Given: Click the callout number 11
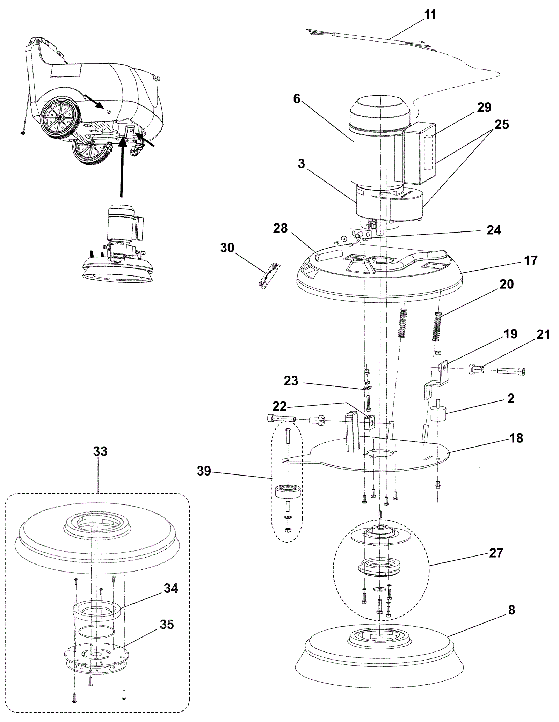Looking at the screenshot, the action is click(430, 15).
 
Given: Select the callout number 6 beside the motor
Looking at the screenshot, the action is click(297, 99).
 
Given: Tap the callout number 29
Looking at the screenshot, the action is click(484, 107).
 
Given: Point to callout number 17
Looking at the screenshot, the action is click(531, 260).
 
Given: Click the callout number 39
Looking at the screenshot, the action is click(204, 471).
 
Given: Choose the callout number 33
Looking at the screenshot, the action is click(100, 451).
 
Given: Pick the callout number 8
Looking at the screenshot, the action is click(511, 610).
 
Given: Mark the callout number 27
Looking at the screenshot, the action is click(496, 553).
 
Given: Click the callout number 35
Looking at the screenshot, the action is click(167, 625).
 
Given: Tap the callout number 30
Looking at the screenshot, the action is click(227, 248).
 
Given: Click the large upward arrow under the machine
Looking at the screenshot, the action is click(121, 169).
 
